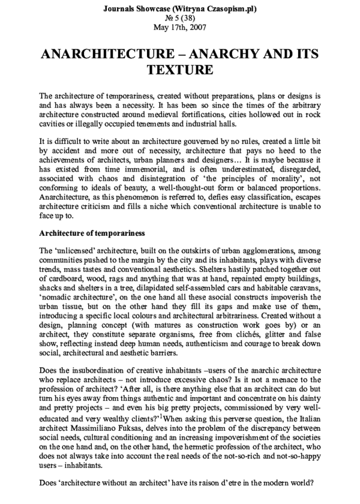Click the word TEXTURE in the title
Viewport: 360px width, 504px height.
click(179, 71)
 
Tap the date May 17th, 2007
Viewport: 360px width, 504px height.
click(179, 27)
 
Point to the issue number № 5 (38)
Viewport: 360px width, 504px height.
click(179, 18)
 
